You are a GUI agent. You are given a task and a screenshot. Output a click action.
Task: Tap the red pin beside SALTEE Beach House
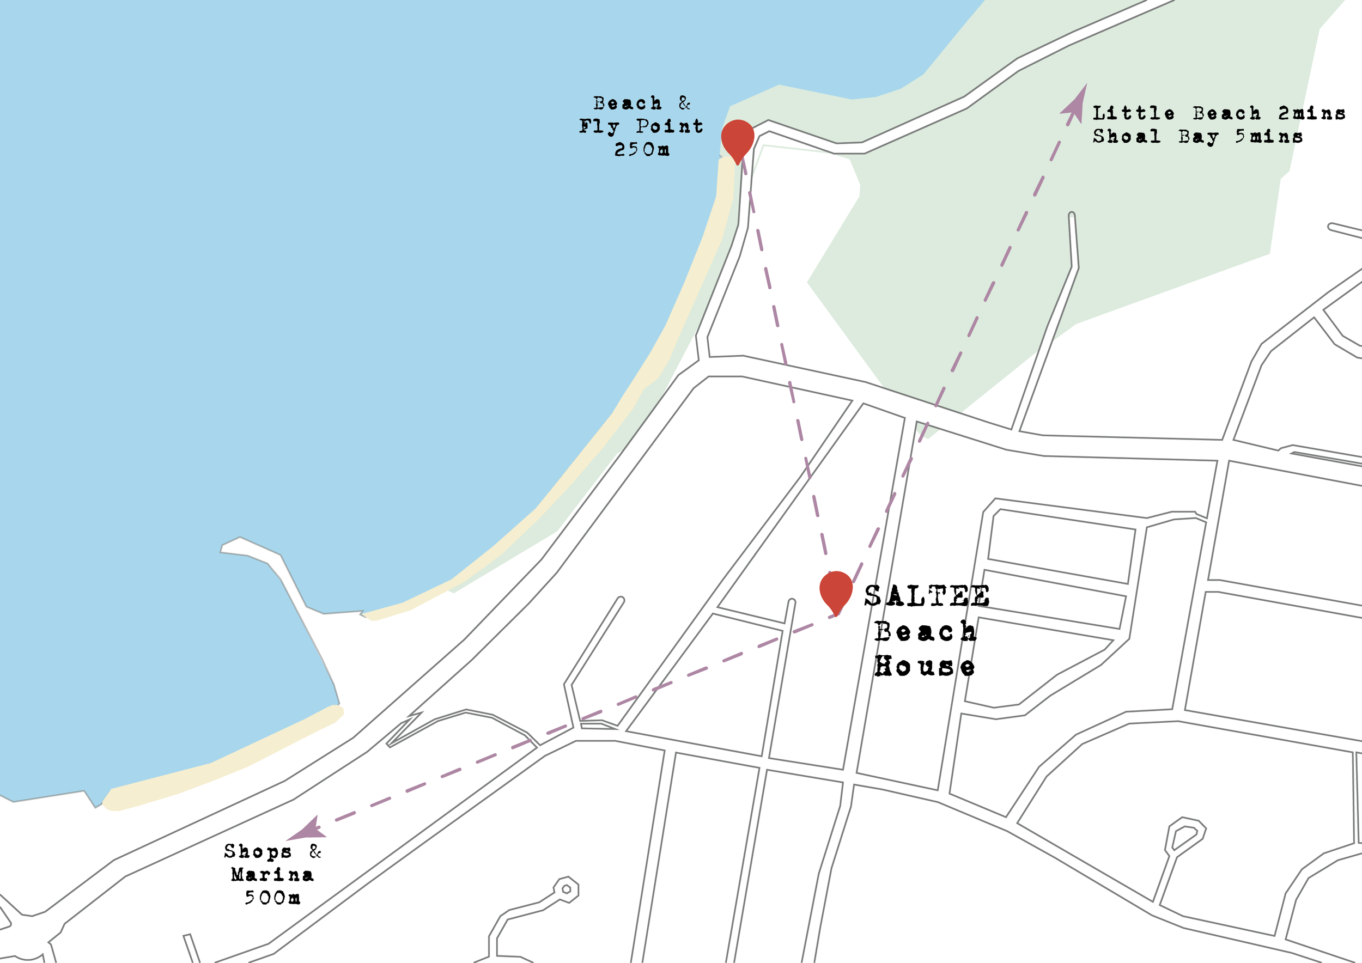click(836, 589)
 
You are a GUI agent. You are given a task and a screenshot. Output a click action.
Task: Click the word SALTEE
click(927, 596)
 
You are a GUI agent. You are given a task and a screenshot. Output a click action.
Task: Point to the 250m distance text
click(642, 149)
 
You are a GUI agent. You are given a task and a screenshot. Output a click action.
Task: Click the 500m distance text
click(272, 898)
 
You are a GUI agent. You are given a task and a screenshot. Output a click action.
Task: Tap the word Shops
click(258, 851)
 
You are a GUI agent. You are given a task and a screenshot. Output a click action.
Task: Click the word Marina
click(272, 875)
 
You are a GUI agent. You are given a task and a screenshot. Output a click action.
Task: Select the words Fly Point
click(641, 126)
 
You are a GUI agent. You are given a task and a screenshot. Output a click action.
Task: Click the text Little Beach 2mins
click(1218, 113)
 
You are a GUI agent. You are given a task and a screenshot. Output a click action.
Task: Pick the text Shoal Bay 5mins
click(1197, 136)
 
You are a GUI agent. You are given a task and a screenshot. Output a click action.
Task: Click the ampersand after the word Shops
click(315, 851)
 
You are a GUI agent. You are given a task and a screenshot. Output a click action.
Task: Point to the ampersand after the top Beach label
click(685, 103)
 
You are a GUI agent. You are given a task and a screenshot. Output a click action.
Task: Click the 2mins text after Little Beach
click(1311, 113)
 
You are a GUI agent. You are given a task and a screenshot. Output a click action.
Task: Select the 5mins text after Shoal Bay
click(1269, 136)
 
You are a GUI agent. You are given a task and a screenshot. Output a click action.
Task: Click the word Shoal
click(1127, 136)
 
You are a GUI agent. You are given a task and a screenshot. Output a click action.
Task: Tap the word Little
click(1134, 113)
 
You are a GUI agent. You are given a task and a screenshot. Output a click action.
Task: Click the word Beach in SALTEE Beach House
click(925, 631)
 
